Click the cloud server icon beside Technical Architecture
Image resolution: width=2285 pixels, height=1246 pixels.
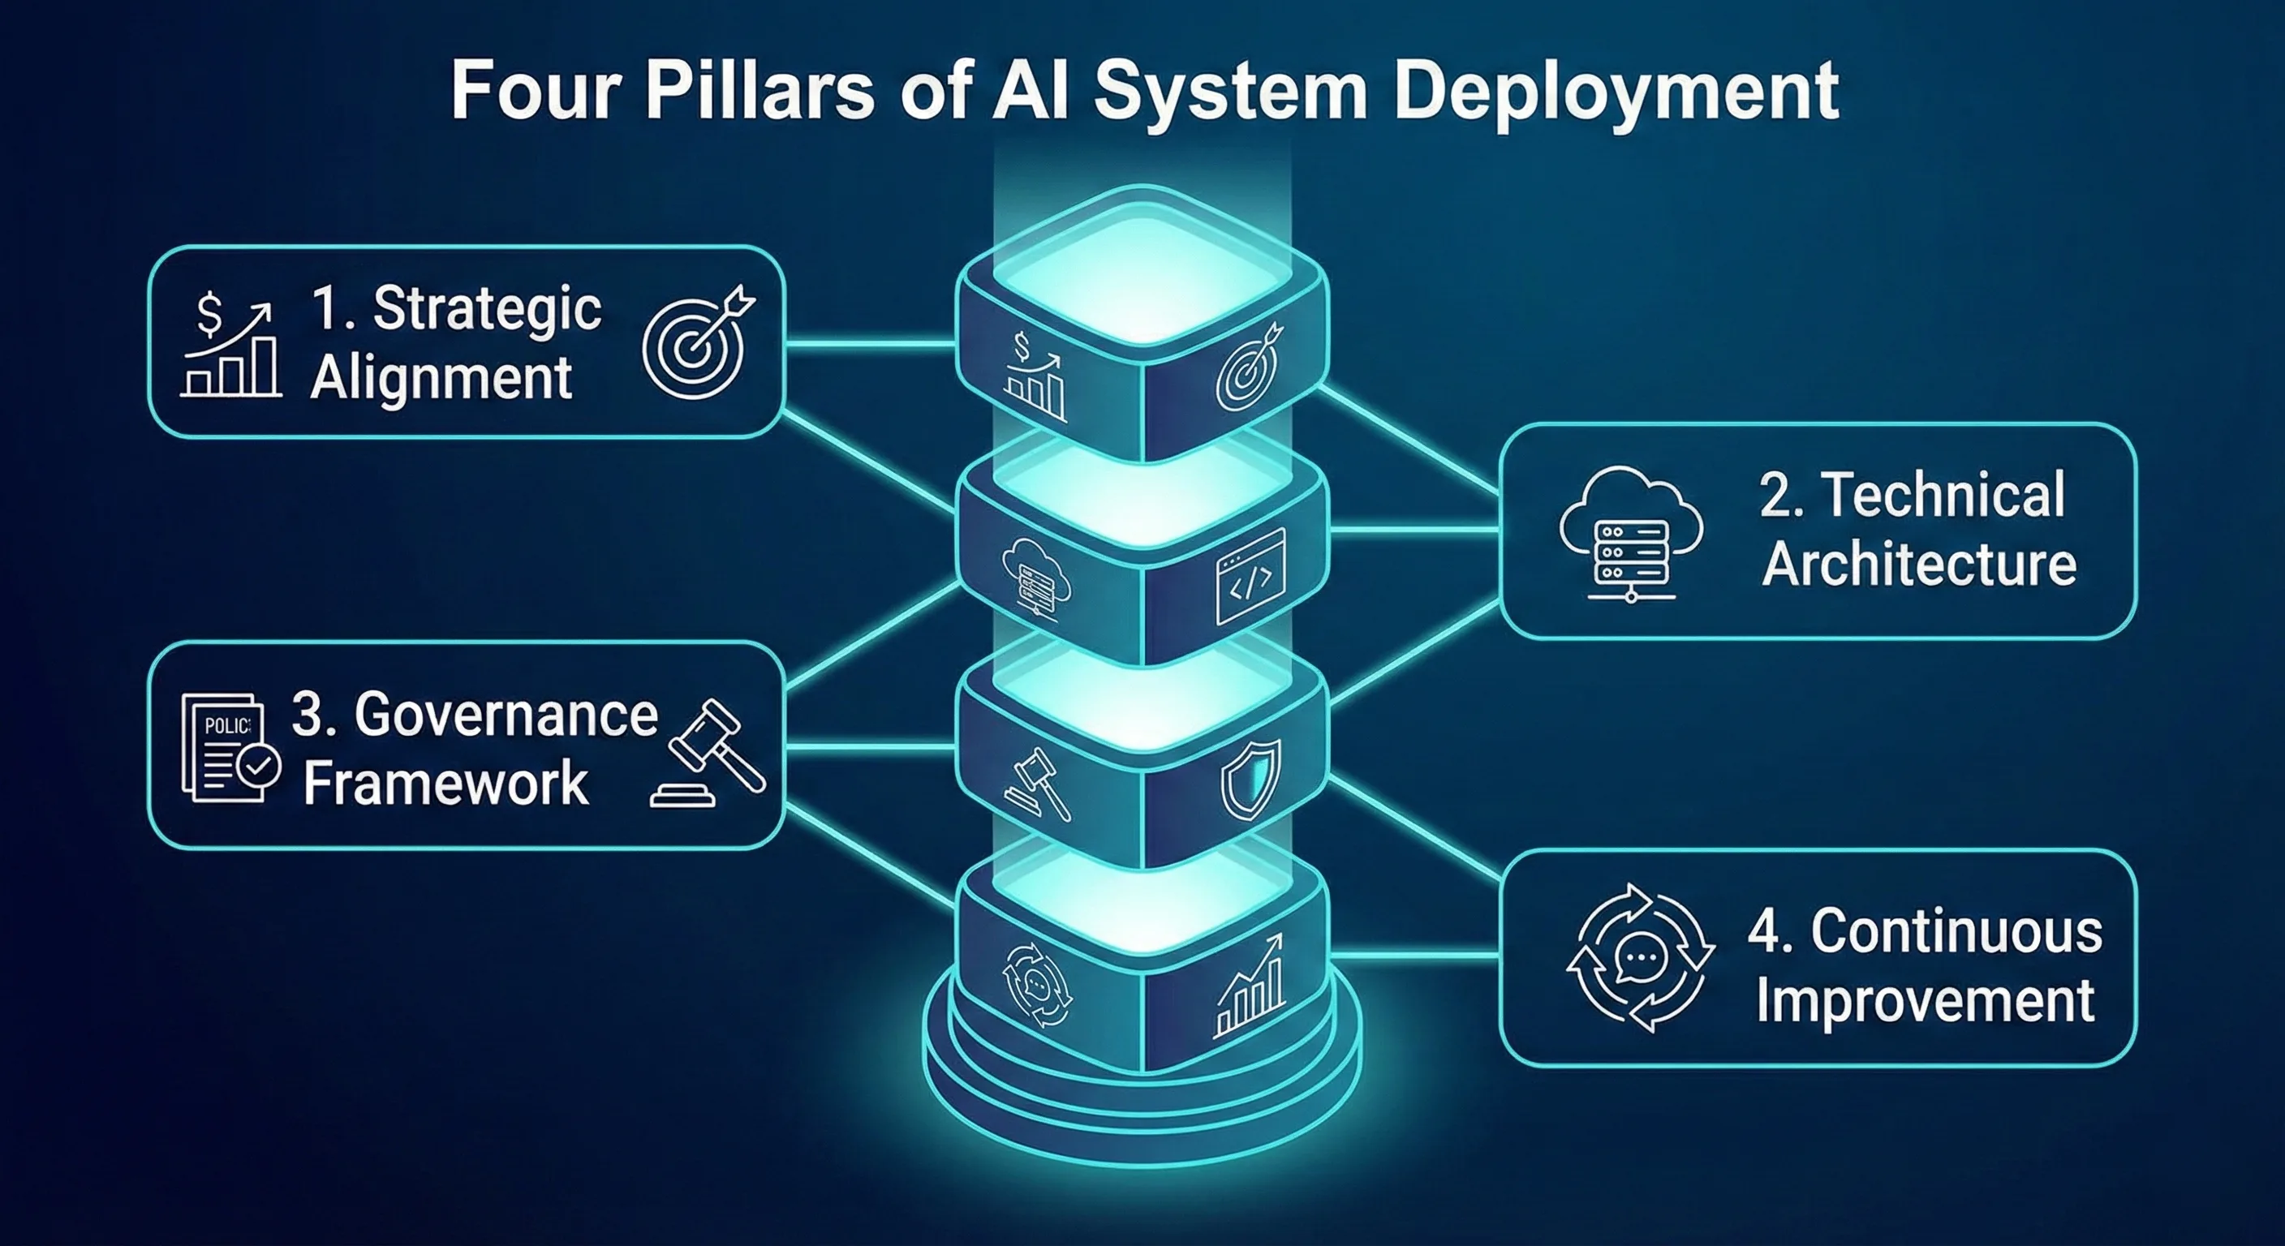click(1630, 534)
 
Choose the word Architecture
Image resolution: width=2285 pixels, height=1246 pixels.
click(1919, 564)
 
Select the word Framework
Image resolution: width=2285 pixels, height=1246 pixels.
click(445, 782)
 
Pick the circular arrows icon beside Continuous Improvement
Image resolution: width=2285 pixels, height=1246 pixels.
click(1640, 957)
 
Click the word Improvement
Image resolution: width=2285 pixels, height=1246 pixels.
click(1925, 1000)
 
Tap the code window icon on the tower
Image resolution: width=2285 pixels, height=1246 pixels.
click(1250, 576)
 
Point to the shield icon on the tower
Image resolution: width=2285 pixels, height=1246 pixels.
click(1250, 780)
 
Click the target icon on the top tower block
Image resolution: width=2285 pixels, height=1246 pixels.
click(1249, 367)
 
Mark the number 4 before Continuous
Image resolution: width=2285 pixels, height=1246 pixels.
click(1764, 931)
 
